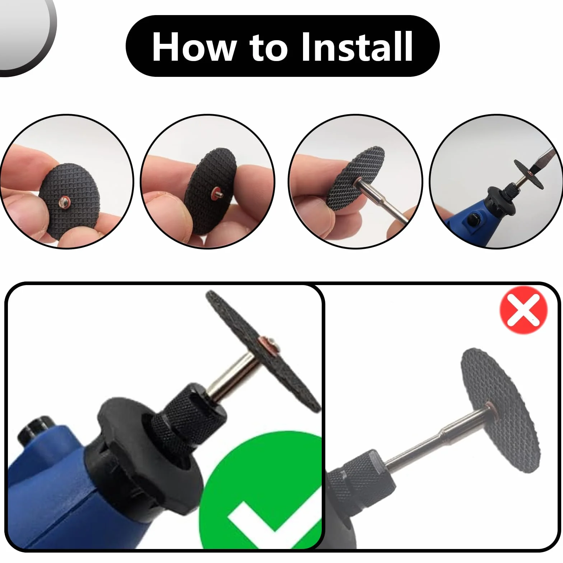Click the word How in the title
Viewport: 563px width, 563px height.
click(x=194, y=47)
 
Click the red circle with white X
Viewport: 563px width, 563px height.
click(x=524, y=310)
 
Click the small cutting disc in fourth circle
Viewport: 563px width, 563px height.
click(x=529, y=175)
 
